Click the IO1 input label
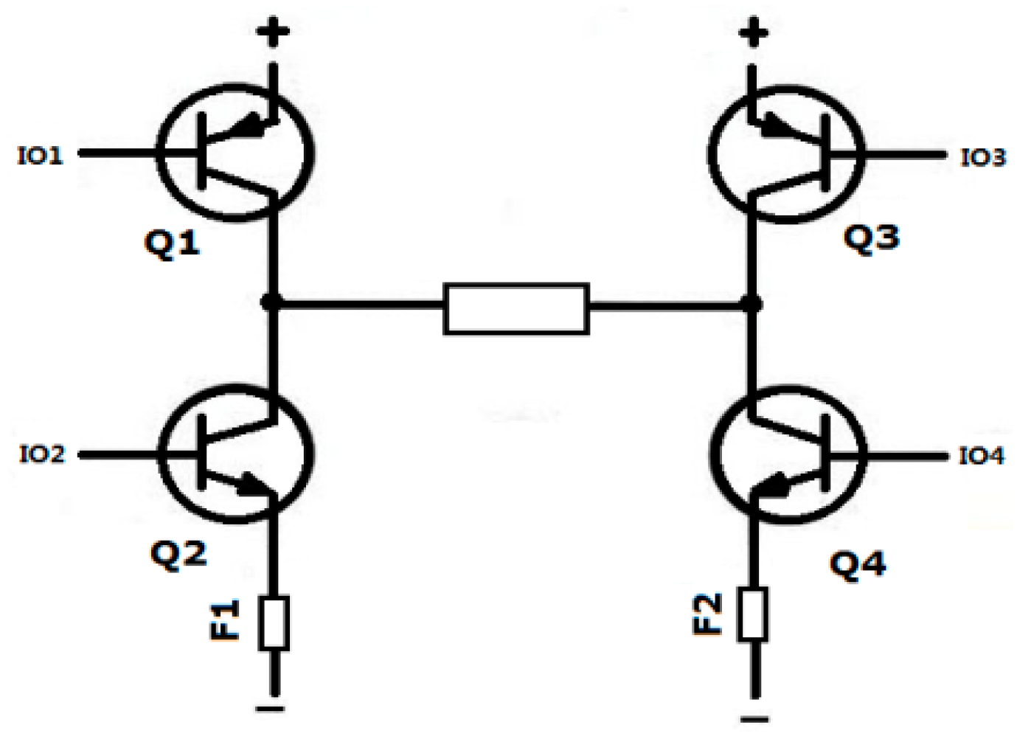(41, 156)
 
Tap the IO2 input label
(42, 454)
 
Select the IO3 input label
(982, 157)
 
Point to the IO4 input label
(982, 457)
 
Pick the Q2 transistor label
(178, 552)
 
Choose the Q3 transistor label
(871, 238)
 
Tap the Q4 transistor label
(858, 564)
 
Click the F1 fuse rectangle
(273, 623)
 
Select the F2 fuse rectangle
(754, 614)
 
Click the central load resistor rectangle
(516, 308)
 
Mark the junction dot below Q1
(272, 302)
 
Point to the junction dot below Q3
(752, 303)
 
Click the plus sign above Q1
(273, 32)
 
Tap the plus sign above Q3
(752, 32)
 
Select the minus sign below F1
(270, 709)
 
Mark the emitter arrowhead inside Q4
(773, 485)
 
